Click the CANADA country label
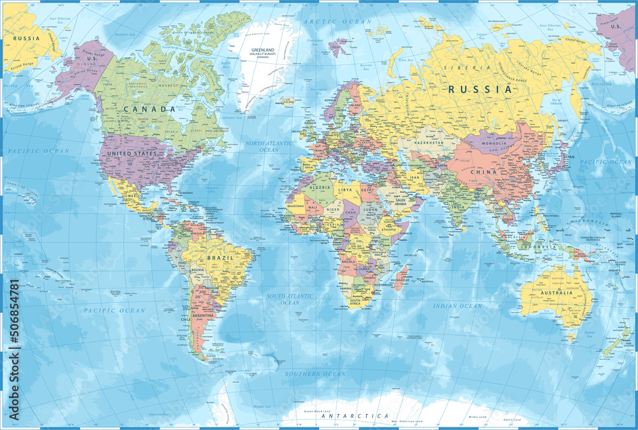(149, 109)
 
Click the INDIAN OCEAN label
(457, 306)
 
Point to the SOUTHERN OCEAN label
(315, 374)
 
